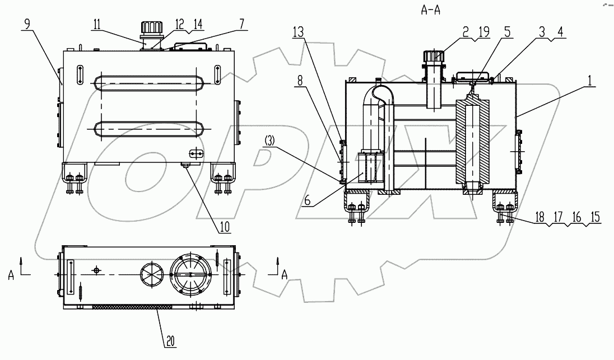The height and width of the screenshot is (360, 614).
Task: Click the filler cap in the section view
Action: pyautogui.click(x=435, y=57)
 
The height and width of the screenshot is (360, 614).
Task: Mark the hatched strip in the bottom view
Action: pyautogui.click(x=133, y=307)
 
